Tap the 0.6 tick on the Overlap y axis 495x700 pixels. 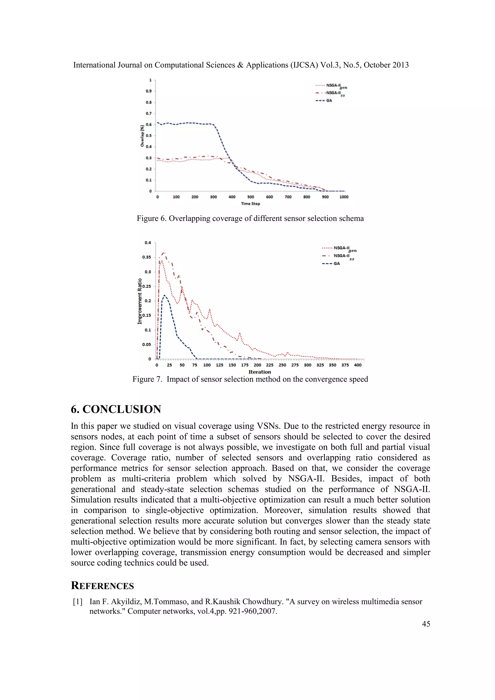point(148,124)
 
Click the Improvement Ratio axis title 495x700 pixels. point(140,301)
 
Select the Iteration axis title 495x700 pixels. point(259,372)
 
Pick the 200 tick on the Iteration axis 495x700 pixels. point(257,365)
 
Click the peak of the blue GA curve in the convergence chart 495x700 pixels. point(165,295)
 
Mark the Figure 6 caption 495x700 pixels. point(250,219)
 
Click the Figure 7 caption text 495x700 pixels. point(250,379)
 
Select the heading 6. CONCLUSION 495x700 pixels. point(116,409)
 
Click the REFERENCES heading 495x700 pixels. point(102,586)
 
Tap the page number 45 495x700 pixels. point(426,624)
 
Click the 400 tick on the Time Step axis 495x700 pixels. point(232,197)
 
